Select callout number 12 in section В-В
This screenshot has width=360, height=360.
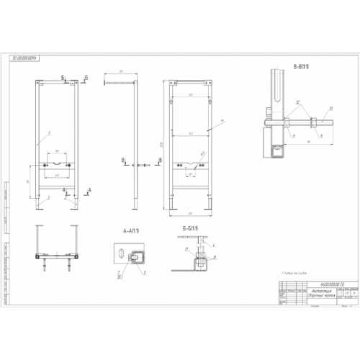coord(297,103)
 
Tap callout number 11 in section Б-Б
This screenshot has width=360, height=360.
coord(186,249)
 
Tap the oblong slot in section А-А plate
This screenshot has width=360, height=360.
coord(128,255)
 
